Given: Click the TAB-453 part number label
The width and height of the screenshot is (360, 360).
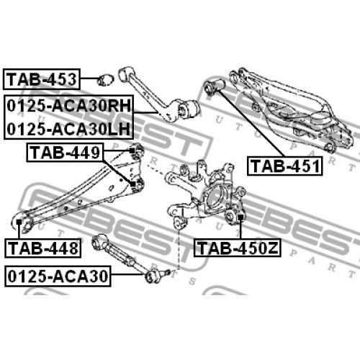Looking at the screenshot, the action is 42,79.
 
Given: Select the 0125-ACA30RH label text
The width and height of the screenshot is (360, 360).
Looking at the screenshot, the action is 69,106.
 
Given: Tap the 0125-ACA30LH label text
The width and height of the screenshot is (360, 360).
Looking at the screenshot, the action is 68,129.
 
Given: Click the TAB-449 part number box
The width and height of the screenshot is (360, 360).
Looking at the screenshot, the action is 65,153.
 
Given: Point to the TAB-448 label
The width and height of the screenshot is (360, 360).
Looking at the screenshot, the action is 42,248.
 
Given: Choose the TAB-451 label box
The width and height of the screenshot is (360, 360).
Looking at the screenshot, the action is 285,166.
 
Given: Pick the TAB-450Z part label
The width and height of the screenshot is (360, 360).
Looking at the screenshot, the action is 237,248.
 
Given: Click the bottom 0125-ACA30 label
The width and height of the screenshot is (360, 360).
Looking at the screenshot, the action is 58,276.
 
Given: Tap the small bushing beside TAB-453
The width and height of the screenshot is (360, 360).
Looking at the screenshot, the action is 105,80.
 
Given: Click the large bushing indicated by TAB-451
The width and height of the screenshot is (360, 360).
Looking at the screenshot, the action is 214,86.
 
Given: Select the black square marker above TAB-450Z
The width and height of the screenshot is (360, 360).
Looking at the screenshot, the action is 240,217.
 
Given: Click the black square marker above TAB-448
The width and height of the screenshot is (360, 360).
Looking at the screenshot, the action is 19,222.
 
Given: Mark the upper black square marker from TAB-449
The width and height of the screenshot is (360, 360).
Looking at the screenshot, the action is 132,150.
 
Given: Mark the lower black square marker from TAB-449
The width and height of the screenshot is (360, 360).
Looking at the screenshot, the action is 132,184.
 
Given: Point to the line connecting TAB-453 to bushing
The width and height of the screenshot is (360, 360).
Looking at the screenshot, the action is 89,78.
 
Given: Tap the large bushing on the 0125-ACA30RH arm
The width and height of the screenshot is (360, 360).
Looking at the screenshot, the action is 189,108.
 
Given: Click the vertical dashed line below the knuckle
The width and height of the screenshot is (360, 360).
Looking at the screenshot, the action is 179,249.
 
